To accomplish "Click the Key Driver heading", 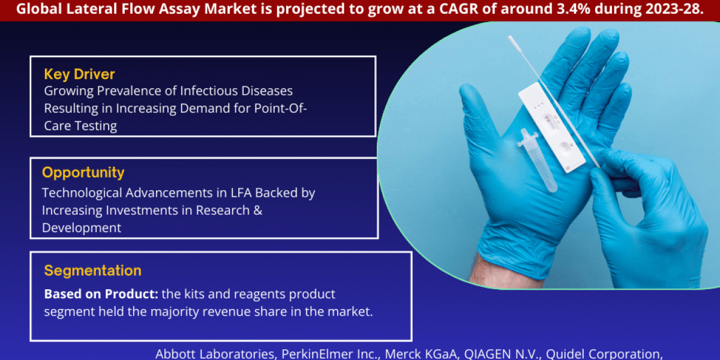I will click(79, 74).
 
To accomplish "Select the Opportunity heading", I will click(83, 173).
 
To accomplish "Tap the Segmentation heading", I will click(93, 271).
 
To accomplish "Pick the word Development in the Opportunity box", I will click(82, 228).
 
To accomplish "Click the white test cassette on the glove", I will click(552, 129).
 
